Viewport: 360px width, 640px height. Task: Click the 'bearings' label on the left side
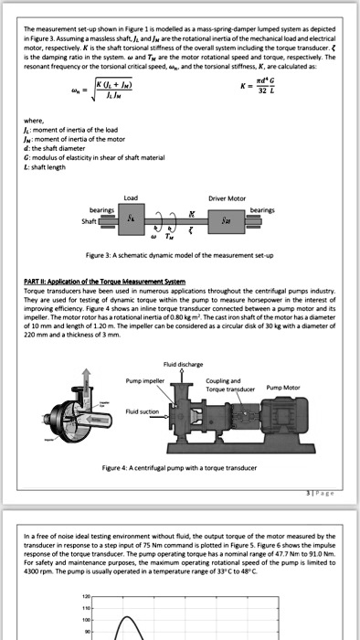(92, 208)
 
